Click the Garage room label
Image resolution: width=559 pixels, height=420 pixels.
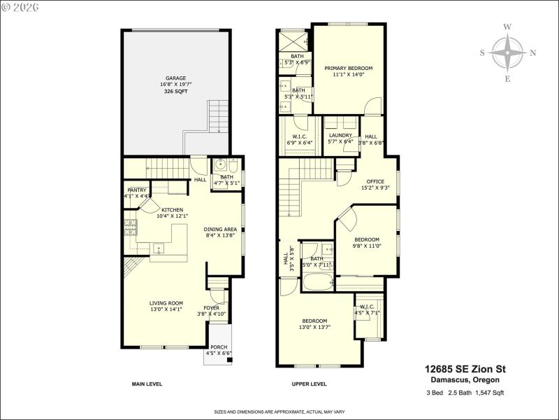click(175, 78)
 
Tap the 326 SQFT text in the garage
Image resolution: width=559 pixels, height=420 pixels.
click(175, 92)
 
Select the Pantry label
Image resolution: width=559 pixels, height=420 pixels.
click(137, 190)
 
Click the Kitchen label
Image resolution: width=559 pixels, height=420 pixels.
click(172, 210)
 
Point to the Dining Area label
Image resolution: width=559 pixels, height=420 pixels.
click(220, 230)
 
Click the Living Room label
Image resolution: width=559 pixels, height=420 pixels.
click(166, 303)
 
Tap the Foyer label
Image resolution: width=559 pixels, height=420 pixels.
click(211, 308)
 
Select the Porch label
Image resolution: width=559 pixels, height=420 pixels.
click(219, 347)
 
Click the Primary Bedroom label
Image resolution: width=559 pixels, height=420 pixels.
click(348, 68)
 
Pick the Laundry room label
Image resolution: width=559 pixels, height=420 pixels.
click(340, 136)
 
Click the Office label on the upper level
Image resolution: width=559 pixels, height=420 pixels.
click(376, 181)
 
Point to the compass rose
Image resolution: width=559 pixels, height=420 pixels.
click(508, 52)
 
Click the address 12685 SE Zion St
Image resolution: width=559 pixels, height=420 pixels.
click(465, 369)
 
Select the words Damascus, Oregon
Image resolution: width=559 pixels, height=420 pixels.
click(465, 380)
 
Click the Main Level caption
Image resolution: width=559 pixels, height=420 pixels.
click(147, 384)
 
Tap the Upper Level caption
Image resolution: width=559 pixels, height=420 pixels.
click(309, 384)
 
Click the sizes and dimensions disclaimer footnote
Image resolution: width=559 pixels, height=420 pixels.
click(279, 412)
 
